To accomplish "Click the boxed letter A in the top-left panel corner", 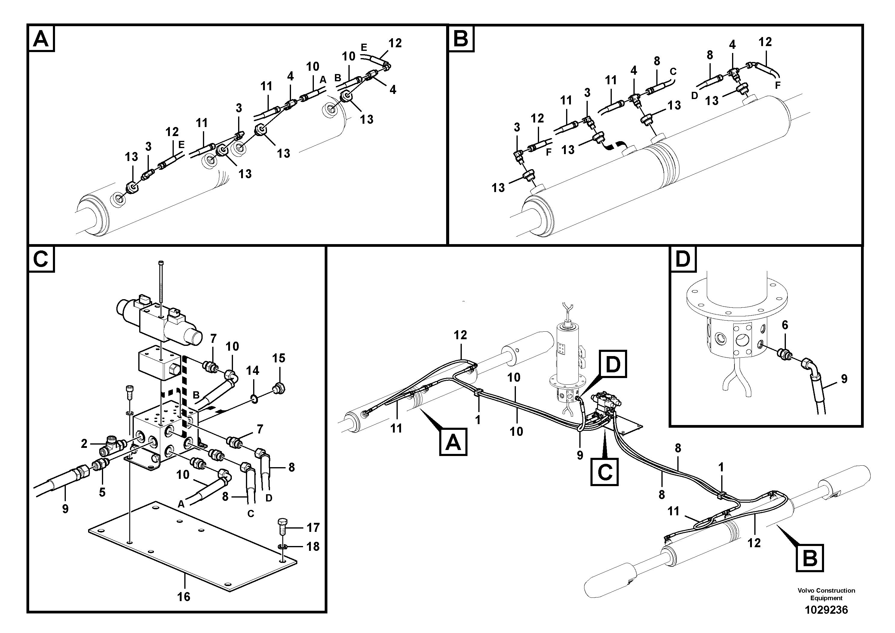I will point(41,39).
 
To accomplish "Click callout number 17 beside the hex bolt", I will point(313,528).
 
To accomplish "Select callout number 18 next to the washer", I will point(313,546).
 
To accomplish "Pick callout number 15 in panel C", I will point(279,358).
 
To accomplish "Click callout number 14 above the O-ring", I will point(253,370).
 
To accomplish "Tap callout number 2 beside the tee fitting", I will point(84,444).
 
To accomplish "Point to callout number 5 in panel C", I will point(102,492).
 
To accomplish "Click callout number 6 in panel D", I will point(785,325).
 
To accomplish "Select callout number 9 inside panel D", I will point(844,379).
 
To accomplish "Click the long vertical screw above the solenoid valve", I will point(161,281).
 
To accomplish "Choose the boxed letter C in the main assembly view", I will point(605,472).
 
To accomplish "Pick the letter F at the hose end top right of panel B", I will point(778,85).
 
